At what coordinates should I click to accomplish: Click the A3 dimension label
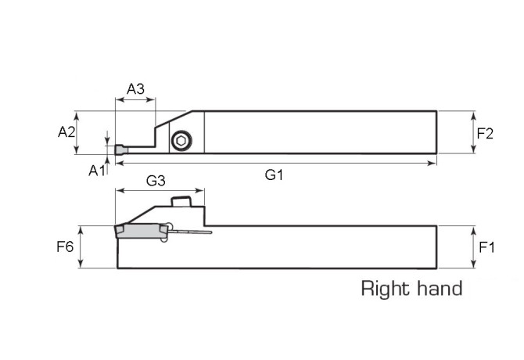pos(136,88)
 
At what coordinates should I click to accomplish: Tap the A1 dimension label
pos(96,169)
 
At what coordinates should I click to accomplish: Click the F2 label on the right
pos(485,133)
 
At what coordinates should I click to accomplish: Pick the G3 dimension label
pos(156,181)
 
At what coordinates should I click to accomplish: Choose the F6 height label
pos(65,247)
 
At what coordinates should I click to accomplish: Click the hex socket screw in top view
pos(181,141)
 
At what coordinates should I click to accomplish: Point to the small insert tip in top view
pos(120,149)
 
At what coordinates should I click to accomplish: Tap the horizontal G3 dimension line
pos(160,190)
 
